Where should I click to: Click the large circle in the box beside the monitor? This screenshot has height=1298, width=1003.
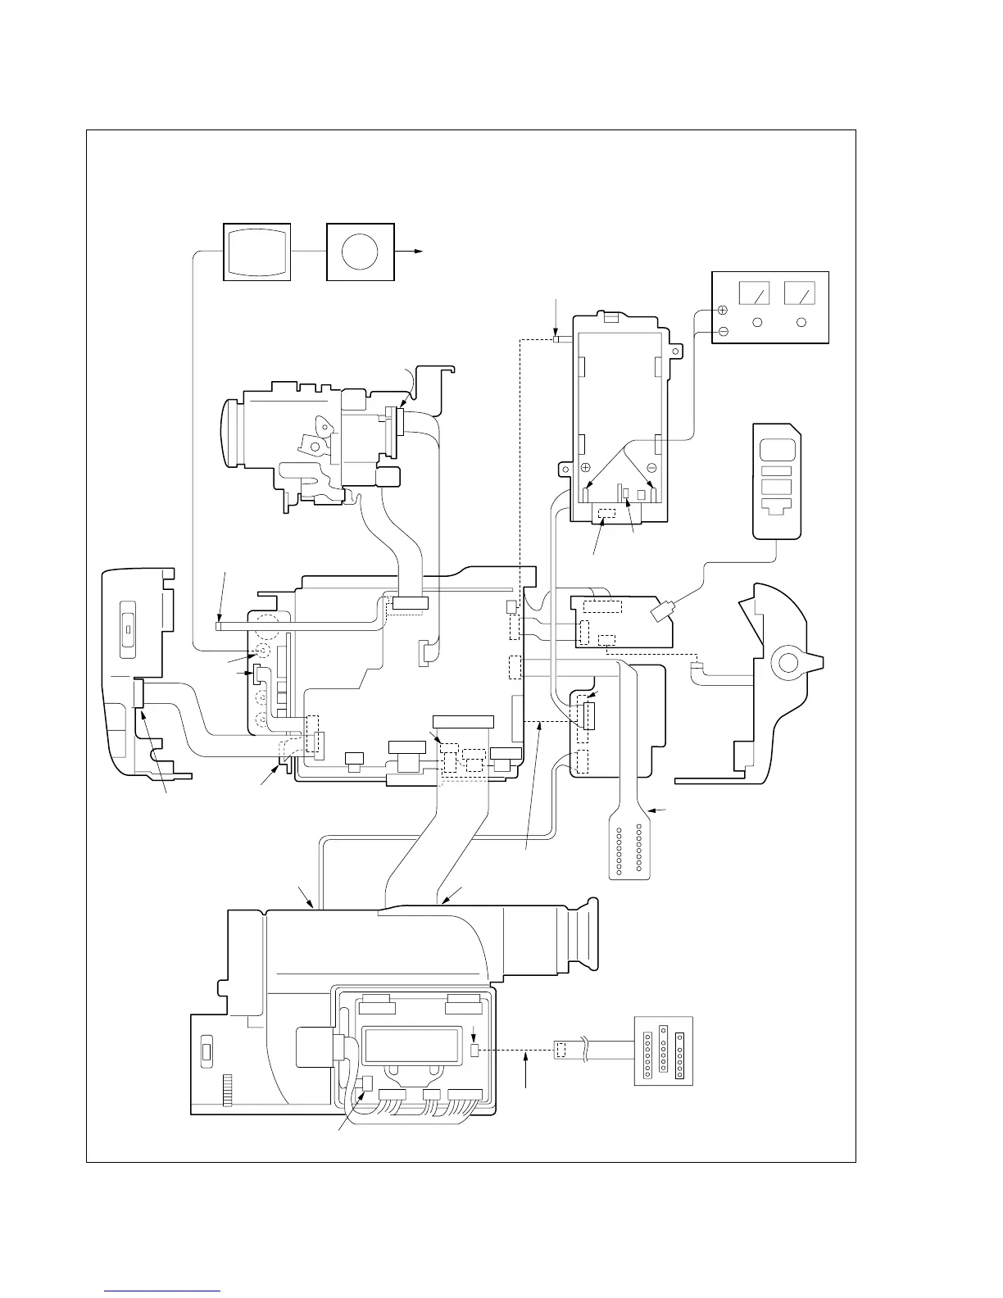(x=360, y=252)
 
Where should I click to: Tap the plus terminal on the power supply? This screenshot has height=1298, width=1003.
(x=723, y=311)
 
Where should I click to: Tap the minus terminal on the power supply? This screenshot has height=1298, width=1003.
(x=723, y=331)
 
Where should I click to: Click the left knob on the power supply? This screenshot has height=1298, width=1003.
(x=758, y=322)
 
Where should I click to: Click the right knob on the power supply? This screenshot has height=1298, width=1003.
(x=801, y=322)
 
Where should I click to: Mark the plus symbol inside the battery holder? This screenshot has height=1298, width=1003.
(x=586, y=467)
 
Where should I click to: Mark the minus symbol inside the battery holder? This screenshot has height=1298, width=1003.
(x=651, y=467)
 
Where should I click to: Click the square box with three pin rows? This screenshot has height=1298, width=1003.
(x=664, y=1051)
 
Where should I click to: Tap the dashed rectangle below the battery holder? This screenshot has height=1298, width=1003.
(x=607, y=514)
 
